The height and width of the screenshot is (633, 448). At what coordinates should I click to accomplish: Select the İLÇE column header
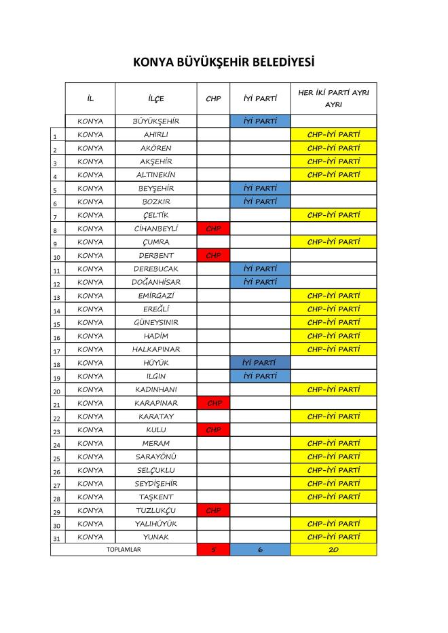pos(155,98)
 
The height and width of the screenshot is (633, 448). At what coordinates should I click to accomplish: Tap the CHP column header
pos(213,98)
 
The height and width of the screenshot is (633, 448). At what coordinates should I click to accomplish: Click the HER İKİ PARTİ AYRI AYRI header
pos(333,98)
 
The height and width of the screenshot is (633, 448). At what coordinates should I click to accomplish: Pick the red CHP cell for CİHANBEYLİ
pos(213,229)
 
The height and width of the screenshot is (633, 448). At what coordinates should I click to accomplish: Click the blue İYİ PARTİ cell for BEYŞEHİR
pos(260,189)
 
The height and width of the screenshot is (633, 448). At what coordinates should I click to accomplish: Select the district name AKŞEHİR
pos(155,161)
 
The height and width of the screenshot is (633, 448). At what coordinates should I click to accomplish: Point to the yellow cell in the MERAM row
pos(333,443)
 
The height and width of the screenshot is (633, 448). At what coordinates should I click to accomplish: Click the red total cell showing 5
pos(213,550)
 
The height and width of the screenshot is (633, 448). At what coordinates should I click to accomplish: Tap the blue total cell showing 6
pos(260,550)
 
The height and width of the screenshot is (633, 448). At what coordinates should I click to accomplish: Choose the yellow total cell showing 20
pos(333,550)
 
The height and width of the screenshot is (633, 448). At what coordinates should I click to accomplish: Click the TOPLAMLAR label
pos(124,550)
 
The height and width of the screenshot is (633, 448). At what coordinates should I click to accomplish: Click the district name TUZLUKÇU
pos(155,510)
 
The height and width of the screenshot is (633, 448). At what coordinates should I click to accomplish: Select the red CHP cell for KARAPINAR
pos(213,403)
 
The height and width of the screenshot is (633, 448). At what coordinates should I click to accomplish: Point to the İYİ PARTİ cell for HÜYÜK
pos(260,363)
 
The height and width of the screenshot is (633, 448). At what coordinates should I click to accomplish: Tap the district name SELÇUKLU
pos(155,470)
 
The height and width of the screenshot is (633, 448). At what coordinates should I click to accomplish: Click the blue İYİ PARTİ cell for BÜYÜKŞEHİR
pos(260,121)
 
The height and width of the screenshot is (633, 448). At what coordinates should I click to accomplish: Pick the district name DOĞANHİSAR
pos(155,282)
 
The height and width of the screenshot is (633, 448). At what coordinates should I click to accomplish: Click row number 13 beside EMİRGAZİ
pos(57,297)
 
